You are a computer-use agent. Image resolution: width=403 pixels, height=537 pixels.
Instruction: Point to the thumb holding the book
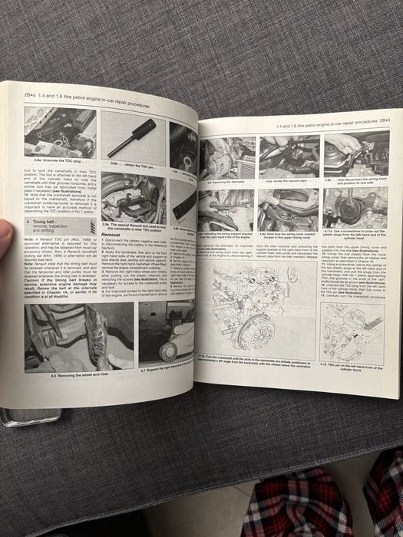point(5,236)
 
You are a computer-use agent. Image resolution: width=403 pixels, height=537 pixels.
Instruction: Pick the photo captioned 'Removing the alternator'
point(225,159)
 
